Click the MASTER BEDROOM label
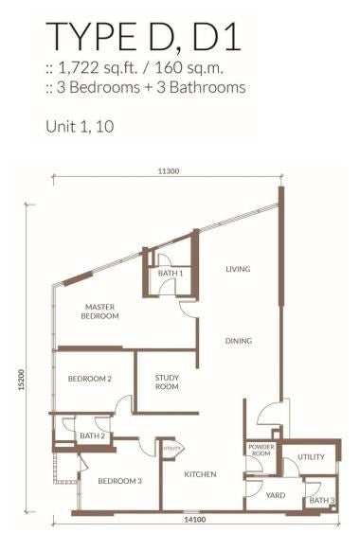tap(99, 311)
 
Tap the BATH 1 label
tap(171, 273)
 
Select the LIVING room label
tap(238, 269)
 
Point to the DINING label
tap(239, 341)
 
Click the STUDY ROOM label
tap(167, 382)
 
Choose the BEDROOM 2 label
tap(90, 379)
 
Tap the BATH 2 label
tap(92, 435)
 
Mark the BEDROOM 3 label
tap(119, 481)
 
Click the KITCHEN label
tap(200, 474)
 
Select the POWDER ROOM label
tap(261, 450)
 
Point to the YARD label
tap(276, 495)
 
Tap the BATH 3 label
tap(322, 501)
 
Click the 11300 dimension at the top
tap(168, 171)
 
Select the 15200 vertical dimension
tap(22, 380)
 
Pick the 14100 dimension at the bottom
tap(195, 520)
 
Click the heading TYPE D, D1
tap(143, 36)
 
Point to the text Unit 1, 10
tap(80, 127)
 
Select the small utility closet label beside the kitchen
tap(171, 449)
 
